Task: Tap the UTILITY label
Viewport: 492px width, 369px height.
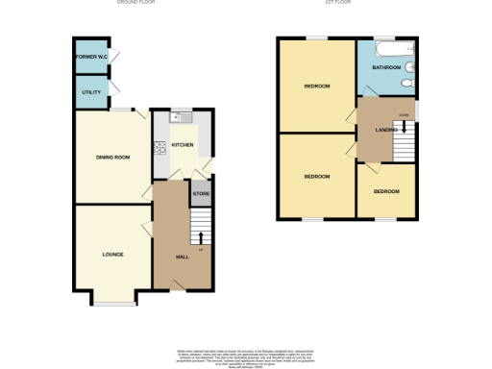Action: click(x=90, y=92)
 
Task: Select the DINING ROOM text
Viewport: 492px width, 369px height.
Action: click(x=112, y=157)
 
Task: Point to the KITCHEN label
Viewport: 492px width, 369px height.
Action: click(x=183, y=146)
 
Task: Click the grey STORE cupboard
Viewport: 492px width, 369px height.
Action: click(x=201, y=195)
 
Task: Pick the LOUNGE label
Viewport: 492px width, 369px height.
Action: click(x=113, y=255)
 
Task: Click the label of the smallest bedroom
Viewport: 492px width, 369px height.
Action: click(x=386, y=191)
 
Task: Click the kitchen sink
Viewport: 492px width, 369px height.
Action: click(x=175, y=117)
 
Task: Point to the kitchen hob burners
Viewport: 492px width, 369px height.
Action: click(x=160, y=147)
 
